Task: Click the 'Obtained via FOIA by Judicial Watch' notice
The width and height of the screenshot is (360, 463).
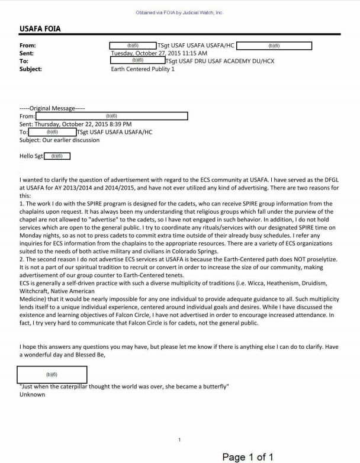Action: pos(180,12)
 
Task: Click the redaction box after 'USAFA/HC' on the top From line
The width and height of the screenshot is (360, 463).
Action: pos(274,45)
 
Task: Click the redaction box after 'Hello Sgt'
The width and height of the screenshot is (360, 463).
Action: pos(57,156)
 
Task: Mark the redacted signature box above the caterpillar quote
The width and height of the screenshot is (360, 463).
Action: pos(53,375)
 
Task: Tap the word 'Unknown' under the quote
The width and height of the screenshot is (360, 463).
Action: pos(32,394)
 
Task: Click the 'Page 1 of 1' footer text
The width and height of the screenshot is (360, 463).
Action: pos(247,456)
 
